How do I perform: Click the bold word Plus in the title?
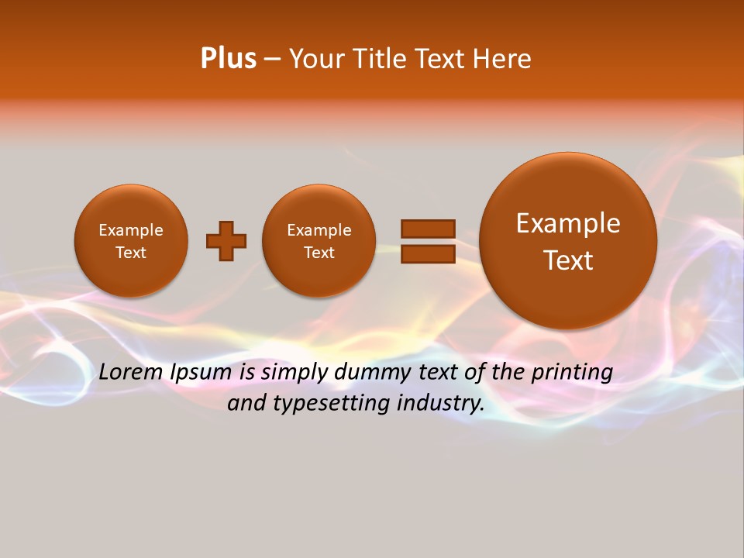[229, 59]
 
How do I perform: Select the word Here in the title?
[504, 59]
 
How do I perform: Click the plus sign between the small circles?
[226, 241]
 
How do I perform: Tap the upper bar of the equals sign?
[428, 229]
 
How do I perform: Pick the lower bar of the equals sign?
[428, 254]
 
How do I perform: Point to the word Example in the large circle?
[568, 223]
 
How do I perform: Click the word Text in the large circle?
[568, 260]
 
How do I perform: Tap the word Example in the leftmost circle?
[131, 230]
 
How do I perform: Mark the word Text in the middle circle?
[319, 253]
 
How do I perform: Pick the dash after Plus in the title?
[272, 59]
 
